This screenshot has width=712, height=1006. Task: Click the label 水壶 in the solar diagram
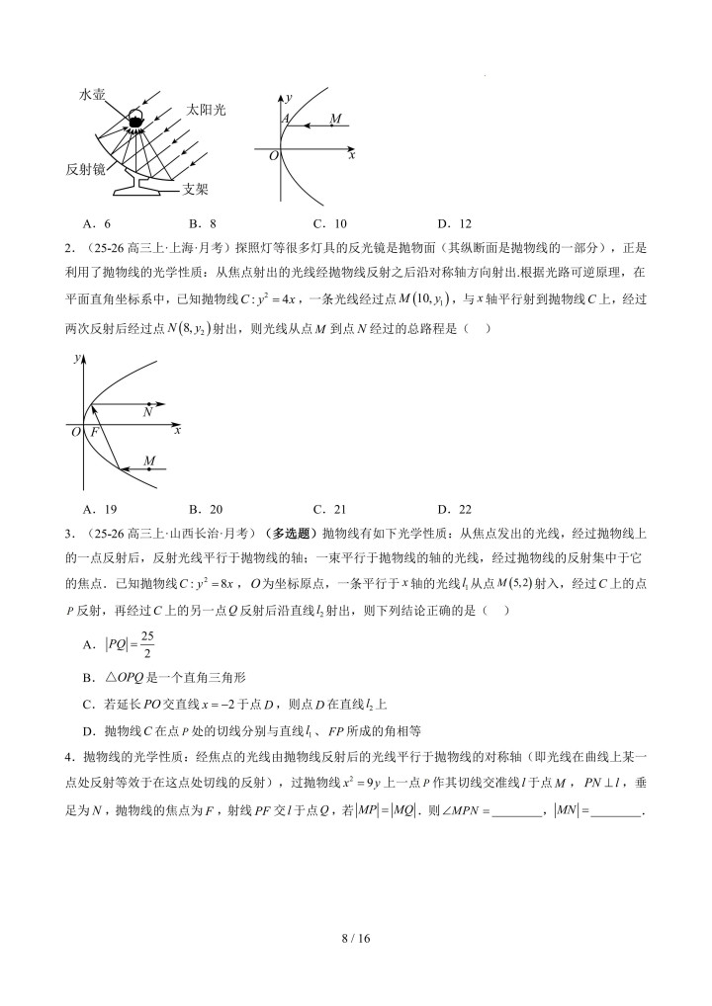point(95,94)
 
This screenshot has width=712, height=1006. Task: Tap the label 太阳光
point(206,109)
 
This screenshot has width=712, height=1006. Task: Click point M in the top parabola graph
point(335,120)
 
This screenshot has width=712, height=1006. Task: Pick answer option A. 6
point(99,223)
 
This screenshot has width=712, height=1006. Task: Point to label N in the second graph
point(147,414)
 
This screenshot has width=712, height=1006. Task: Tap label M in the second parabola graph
point(149,461)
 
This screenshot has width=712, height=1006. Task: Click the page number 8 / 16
point(356,938)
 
